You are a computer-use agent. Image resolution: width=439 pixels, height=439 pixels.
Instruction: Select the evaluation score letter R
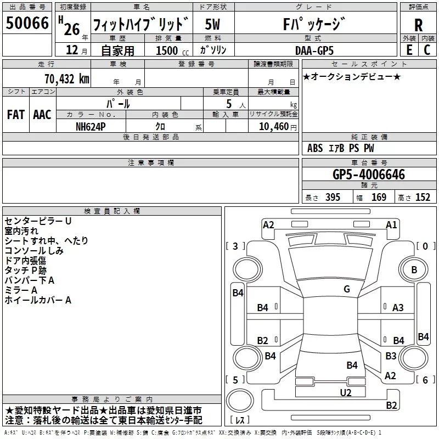point(418,25)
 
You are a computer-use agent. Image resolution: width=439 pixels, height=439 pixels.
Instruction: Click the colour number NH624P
point(91,126)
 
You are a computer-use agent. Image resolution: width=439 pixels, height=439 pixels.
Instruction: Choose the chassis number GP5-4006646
point(369,175)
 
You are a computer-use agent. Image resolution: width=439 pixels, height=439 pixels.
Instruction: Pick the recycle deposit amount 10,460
point(273,126)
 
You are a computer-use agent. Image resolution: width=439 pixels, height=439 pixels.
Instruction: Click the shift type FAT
point(15,115)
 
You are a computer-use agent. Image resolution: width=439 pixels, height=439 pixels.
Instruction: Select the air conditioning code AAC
point(42,115)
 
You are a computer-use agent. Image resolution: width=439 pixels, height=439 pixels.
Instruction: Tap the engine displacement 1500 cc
point(167,50)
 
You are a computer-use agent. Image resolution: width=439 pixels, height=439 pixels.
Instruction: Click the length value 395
point(332,198)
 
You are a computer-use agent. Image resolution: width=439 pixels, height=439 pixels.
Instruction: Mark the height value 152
point(423,198)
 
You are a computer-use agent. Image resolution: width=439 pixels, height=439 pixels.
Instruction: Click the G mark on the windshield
point(346,289)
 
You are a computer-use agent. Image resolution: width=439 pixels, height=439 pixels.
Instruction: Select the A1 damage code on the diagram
point(391,224)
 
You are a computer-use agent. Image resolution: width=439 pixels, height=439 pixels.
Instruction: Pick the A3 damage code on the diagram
point(398,308)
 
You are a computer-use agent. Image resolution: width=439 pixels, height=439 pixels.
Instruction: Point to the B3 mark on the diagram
point(391,356)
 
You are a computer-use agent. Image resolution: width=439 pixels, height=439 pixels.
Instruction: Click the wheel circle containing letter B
point(414,269)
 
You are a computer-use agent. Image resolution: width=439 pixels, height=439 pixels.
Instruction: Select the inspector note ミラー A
point(21,290)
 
